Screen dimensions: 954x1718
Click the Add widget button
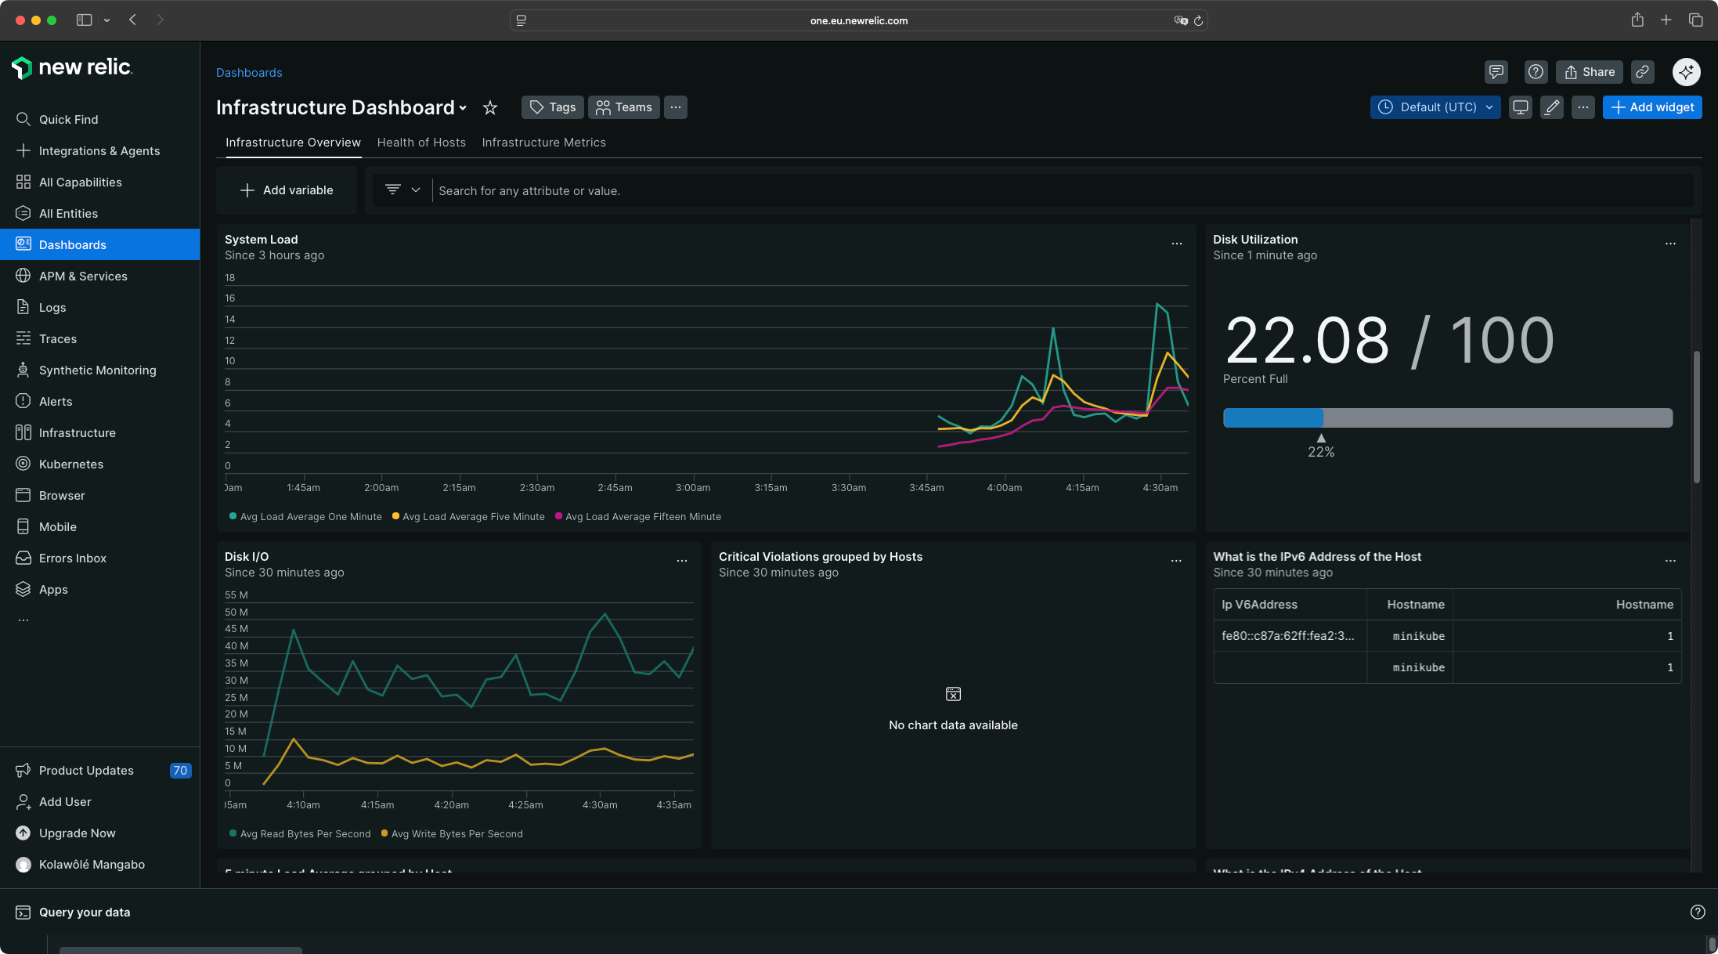pos(1651,107)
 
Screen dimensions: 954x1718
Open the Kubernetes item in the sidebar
pos(70,464)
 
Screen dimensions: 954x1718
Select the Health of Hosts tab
pos(421,143)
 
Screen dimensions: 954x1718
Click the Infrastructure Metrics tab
pos(543,143)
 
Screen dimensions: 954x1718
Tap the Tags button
pos(553,107)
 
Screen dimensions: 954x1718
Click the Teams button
pos(623,107)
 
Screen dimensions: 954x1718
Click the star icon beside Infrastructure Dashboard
pos(490,107)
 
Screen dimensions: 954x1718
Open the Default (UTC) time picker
pos(1435,107)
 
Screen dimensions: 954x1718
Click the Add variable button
pos(287,190)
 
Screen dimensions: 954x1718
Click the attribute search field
pos(1018,191)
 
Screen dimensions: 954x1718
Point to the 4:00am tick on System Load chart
pos(1004,487)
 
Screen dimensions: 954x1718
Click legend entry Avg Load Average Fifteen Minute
pos(642,517)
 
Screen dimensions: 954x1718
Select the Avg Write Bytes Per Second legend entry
pos(456,834)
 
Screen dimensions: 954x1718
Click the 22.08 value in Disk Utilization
pos(1306,341)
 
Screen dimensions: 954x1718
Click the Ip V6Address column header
pos(1259,605)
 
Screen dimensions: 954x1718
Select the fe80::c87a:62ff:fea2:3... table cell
pos(1287,636)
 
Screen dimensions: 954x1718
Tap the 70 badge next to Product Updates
pos(180,771)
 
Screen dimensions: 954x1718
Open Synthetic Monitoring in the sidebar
pos(97,370)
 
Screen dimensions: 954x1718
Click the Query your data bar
pos(85,912)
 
